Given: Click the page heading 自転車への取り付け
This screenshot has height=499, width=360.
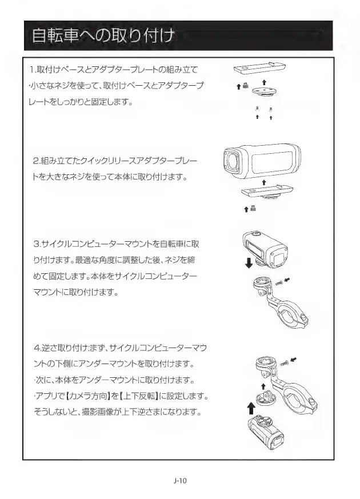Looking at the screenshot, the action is [103, 37].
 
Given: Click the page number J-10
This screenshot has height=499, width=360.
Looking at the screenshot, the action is [179, 481].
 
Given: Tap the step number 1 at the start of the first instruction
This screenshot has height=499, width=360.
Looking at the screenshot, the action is [32, 70].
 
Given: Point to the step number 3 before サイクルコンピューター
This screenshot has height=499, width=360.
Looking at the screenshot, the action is [37, 245].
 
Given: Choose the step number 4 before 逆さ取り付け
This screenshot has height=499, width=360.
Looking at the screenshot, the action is [36, 348].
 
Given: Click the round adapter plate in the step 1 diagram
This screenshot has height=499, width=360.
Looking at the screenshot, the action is [263, 93].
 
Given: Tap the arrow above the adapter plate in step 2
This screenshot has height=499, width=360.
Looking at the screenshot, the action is [263, 181].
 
